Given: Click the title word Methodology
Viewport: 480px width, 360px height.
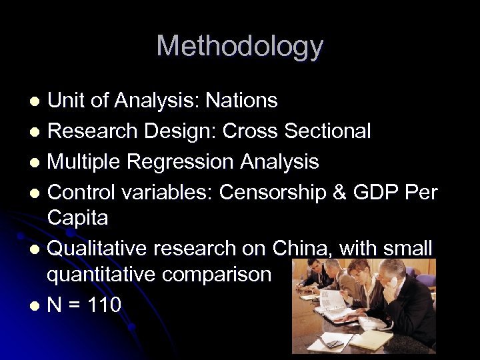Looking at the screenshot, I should click(x=239, y=47).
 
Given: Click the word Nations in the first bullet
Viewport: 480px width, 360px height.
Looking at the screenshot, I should click(x=241, y=101).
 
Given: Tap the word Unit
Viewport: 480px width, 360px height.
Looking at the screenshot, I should click(x=67, y=101).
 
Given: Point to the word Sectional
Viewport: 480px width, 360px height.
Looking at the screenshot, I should click(x=327, y=131).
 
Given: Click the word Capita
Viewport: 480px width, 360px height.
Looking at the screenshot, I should click(x=78, y=217).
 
